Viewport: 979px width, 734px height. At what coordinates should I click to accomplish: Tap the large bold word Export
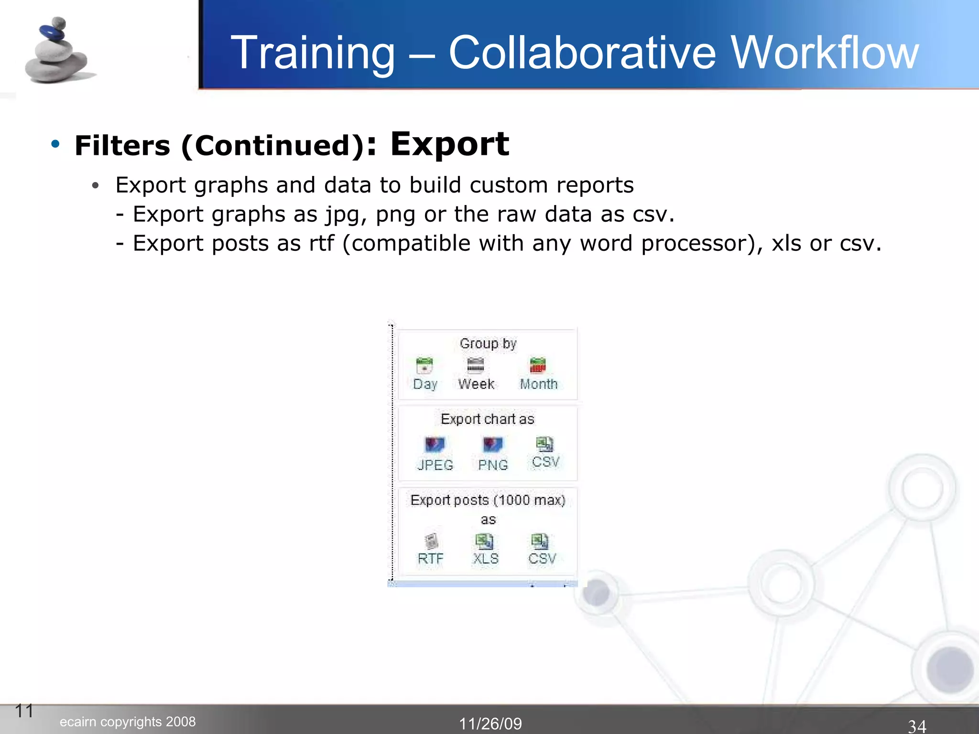point(449,144)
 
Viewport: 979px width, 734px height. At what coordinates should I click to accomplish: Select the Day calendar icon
point(424,366)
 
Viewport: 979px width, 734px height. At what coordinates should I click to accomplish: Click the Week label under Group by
point(476,384)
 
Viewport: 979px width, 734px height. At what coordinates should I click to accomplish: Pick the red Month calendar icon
point(538,366)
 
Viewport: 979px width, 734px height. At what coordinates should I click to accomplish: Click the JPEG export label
point(435,464)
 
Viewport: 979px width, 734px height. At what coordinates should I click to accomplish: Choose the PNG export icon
point(492,445)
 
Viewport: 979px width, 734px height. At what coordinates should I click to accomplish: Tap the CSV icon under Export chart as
point(544,444)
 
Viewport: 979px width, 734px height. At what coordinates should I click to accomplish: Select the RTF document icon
point(431,541)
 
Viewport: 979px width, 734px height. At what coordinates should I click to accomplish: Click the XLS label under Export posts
point(485,558)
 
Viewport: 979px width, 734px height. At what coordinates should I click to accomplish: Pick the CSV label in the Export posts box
point(542,558)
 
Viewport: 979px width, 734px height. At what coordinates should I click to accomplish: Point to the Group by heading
point(488,344)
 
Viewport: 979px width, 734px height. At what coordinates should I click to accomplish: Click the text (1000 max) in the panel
point(529,500)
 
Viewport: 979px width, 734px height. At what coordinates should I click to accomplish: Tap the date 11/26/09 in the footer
point(490,723)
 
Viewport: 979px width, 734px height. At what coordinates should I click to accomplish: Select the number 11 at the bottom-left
point(24,711)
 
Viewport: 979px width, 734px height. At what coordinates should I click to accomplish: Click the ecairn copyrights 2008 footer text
point(128,722)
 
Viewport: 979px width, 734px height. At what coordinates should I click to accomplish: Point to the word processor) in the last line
point(702,243)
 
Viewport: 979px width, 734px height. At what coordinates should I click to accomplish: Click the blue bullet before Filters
point(55,144)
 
